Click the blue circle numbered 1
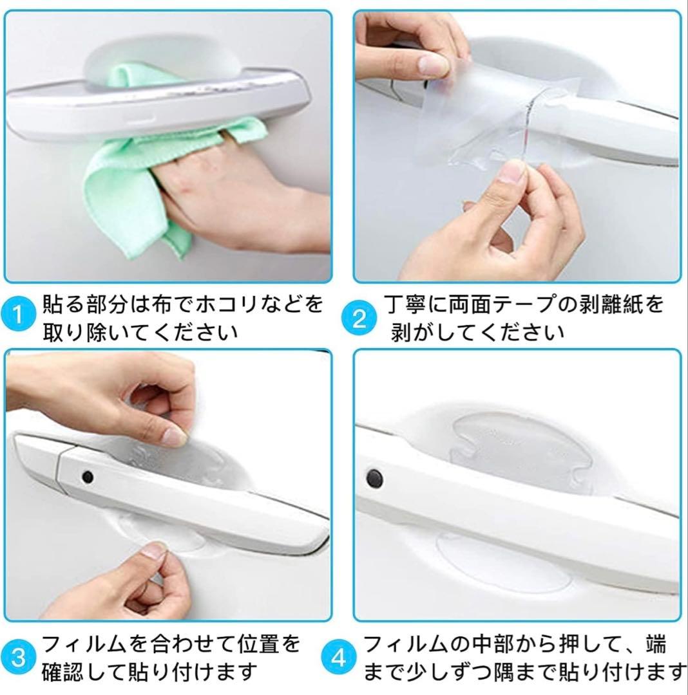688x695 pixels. click(x=18, y=315)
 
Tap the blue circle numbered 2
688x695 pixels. click(x=359, y=319)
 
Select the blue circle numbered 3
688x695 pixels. click(x=18, y=658)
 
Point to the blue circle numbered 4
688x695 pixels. click(x=338, y=658)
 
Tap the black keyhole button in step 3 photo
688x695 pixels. click(x=88, y=477)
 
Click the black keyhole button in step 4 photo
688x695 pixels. click(x=375, y=478)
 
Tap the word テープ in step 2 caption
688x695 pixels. click(x=525, y=306)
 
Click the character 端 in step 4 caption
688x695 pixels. click(x=656, y=644)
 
